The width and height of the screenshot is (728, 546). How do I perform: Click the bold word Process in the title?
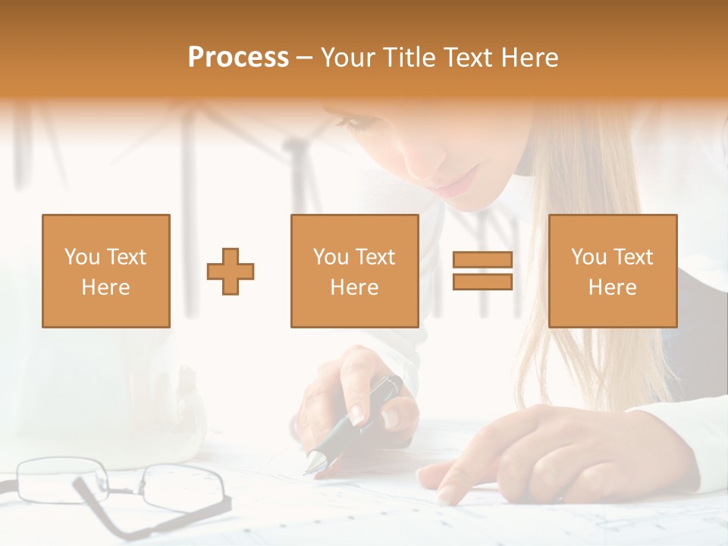[x=238, y=58]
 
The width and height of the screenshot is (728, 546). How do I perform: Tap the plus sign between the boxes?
[x=231, y=271]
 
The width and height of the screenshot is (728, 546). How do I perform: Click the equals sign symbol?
[x=482, y=271]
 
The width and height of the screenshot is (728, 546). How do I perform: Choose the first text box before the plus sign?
[x=105, y=271]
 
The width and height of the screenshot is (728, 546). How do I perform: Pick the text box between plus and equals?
[x=354, y=271]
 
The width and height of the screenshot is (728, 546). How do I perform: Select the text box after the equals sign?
[x=612, y=271]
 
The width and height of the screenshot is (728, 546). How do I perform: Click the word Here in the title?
[x=532, y=58]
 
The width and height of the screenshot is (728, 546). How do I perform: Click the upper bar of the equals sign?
[x=482, y=260]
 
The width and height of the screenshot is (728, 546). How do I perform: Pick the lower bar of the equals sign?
[x=482, y=281]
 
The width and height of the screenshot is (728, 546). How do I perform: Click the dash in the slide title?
[x=304, y=58]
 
